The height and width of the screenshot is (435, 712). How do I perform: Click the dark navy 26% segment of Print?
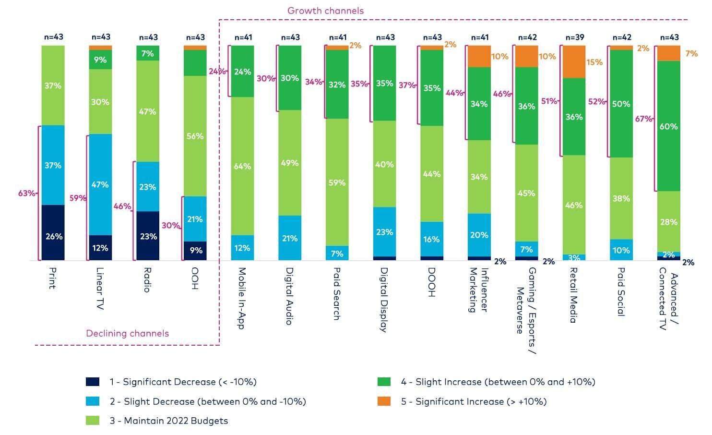point(53,233)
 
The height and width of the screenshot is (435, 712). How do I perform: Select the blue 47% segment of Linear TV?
point(100,184)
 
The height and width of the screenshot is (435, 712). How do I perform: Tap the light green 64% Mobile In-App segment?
point(242,166)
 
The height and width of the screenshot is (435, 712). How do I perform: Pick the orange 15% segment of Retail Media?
point(574,62)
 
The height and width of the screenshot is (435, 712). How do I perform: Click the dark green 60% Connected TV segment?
point(668,126)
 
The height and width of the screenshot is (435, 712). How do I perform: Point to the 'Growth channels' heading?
point(325,11)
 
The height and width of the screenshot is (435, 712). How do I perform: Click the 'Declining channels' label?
point(127,333)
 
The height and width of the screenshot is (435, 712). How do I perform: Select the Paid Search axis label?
point(337,294)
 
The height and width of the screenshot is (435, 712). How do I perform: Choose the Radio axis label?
point(147,280)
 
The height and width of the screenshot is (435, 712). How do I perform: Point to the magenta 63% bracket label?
point(26,193)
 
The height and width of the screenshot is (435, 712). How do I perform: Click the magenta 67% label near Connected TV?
point(643,119)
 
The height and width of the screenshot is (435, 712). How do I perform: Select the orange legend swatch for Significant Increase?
point(384,401)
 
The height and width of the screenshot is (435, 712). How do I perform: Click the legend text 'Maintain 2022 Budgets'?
point(168,421)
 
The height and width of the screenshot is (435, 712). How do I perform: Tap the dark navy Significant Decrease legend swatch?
point(93,382)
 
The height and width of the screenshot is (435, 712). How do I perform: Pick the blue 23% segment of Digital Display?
point(384,232)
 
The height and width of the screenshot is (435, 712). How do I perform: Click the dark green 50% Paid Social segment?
point(621,104)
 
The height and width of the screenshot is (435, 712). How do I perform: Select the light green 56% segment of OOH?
point(195,136)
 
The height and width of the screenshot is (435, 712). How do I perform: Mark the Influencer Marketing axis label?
point(478,290)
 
